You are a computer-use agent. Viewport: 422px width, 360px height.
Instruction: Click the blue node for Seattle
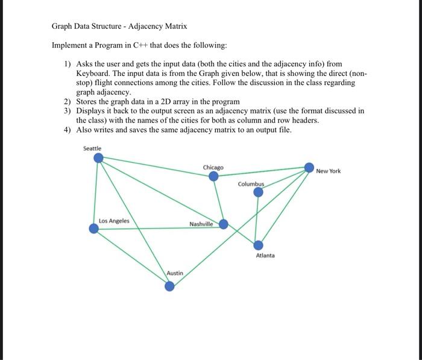click(x=98, y=158)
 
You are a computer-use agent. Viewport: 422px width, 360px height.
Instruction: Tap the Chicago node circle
click(x=213, y=176)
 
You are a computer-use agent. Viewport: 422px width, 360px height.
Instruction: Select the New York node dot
click(x=309, y=167)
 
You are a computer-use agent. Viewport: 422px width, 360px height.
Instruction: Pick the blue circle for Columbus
click(x=258, y=192)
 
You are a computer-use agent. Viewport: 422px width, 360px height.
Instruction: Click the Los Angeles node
click(x=94, y=229)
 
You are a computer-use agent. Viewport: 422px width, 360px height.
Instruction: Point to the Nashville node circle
click(x=224, y=224)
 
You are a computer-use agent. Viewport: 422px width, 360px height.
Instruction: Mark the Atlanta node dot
click(x=258, y=245)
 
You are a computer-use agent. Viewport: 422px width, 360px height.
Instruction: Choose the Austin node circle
click(x=170, y=286)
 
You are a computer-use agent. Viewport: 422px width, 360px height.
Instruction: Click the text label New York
click(x=329, y=171)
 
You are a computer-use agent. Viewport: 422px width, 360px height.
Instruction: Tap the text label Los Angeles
click(x=114, y=221)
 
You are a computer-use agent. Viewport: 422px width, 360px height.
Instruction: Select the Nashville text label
click(x=201, y=224)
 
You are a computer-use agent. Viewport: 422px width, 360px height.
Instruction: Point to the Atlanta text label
click(x=265, y=256)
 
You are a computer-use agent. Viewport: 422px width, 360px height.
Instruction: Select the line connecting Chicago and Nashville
click(x=218, y=200)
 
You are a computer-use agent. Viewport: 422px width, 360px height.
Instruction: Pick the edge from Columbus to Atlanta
click(x=258, y=218)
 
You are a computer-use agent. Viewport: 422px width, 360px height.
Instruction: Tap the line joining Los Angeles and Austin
click(x=131, y=257)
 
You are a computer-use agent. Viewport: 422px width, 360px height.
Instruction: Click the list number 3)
click(x=68, y=111)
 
